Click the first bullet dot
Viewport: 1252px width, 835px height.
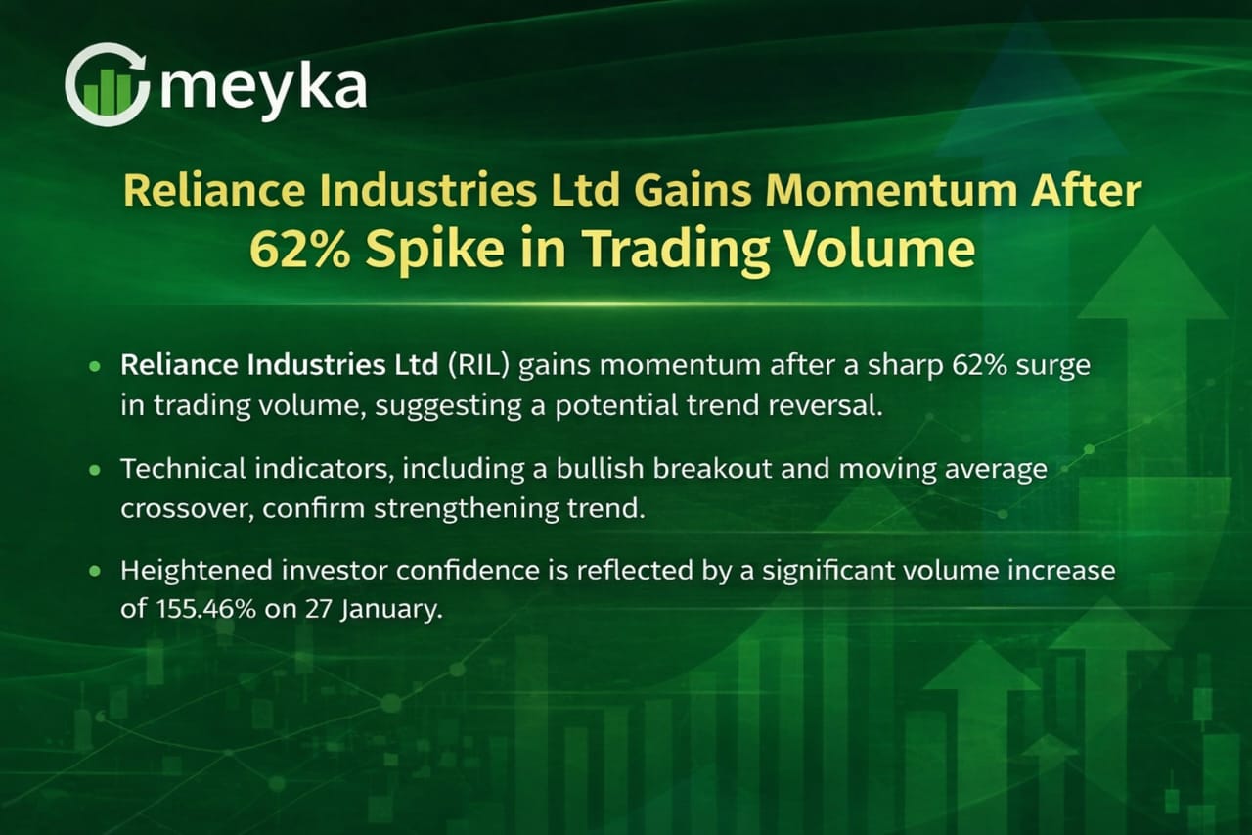pyautogui.click(x=95, y=367)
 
